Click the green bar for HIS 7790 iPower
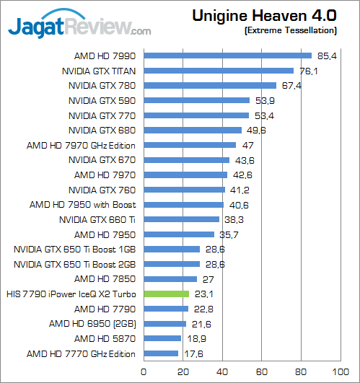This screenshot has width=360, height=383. click(x=167, y=294)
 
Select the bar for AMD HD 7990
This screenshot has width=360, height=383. click(x=228, y=56)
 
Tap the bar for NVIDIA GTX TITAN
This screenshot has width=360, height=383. click(x=219, y=71)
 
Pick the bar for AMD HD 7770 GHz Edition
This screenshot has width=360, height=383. click(x=161, y=353)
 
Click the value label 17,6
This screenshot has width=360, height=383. click(x=190, y=353)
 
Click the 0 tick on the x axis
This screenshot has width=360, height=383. click(x=144, y=371)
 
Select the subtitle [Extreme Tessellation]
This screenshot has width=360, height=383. click(x=290, y=30)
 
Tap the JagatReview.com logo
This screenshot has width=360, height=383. click(x=79, y=27)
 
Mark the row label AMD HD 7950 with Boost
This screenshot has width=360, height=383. click(x=84, y=204)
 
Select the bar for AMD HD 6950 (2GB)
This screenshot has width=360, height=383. click(x=165, y=324)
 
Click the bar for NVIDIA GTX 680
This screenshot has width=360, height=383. click(x=193, y=130)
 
